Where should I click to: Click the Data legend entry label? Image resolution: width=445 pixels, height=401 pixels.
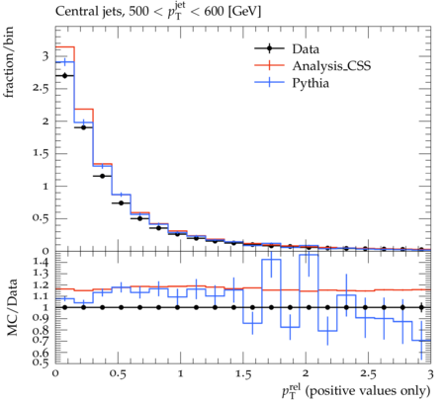point(306,49)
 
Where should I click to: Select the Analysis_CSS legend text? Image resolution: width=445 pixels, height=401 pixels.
point(331,66)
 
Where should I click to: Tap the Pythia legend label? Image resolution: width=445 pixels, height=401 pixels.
point(311,83)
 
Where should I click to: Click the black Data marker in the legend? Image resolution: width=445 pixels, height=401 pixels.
point(269,48)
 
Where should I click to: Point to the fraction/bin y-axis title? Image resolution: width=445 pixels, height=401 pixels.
point(9,62)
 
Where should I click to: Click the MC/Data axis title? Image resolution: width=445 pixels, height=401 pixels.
point(12,307)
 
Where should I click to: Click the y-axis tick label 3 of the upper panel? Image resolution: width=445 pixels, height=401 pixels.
point(44,56)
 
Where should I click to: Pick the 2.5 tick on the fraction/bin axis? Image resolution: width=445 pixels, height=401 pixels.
point(41,89)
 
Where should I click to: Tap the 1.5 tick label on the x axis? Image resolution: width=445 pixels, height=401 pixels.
point(243,374)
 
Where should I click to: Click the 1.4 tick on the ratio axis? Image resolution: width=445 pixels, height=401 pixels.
point(41,262)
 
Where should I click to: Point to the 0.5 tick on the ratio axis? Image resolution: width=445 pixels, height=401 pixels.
point(41,362)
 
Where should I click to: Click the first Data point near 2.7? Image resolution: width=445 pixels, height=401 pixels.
point(64,76)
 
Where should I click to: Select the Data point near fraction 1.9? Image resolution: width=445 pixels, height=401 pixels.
point(83,127)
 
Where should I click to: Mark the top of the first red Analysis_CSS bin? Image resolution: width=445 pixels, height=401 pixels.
point(64,46)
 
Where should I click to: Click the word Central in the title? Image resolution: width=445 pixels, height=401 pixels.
point(72,12)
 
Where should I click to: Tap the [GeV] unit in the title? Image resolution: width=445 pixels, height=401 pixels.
point(244,12)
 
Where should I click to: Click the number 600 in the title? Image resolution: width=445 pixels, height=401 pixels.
point(214,12)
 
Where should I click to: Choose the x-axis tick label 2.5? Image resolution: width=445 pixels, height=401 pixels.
point(368,374)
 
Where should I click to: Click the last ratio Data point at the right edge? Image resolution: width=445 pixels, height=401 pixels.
point(421,307)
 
